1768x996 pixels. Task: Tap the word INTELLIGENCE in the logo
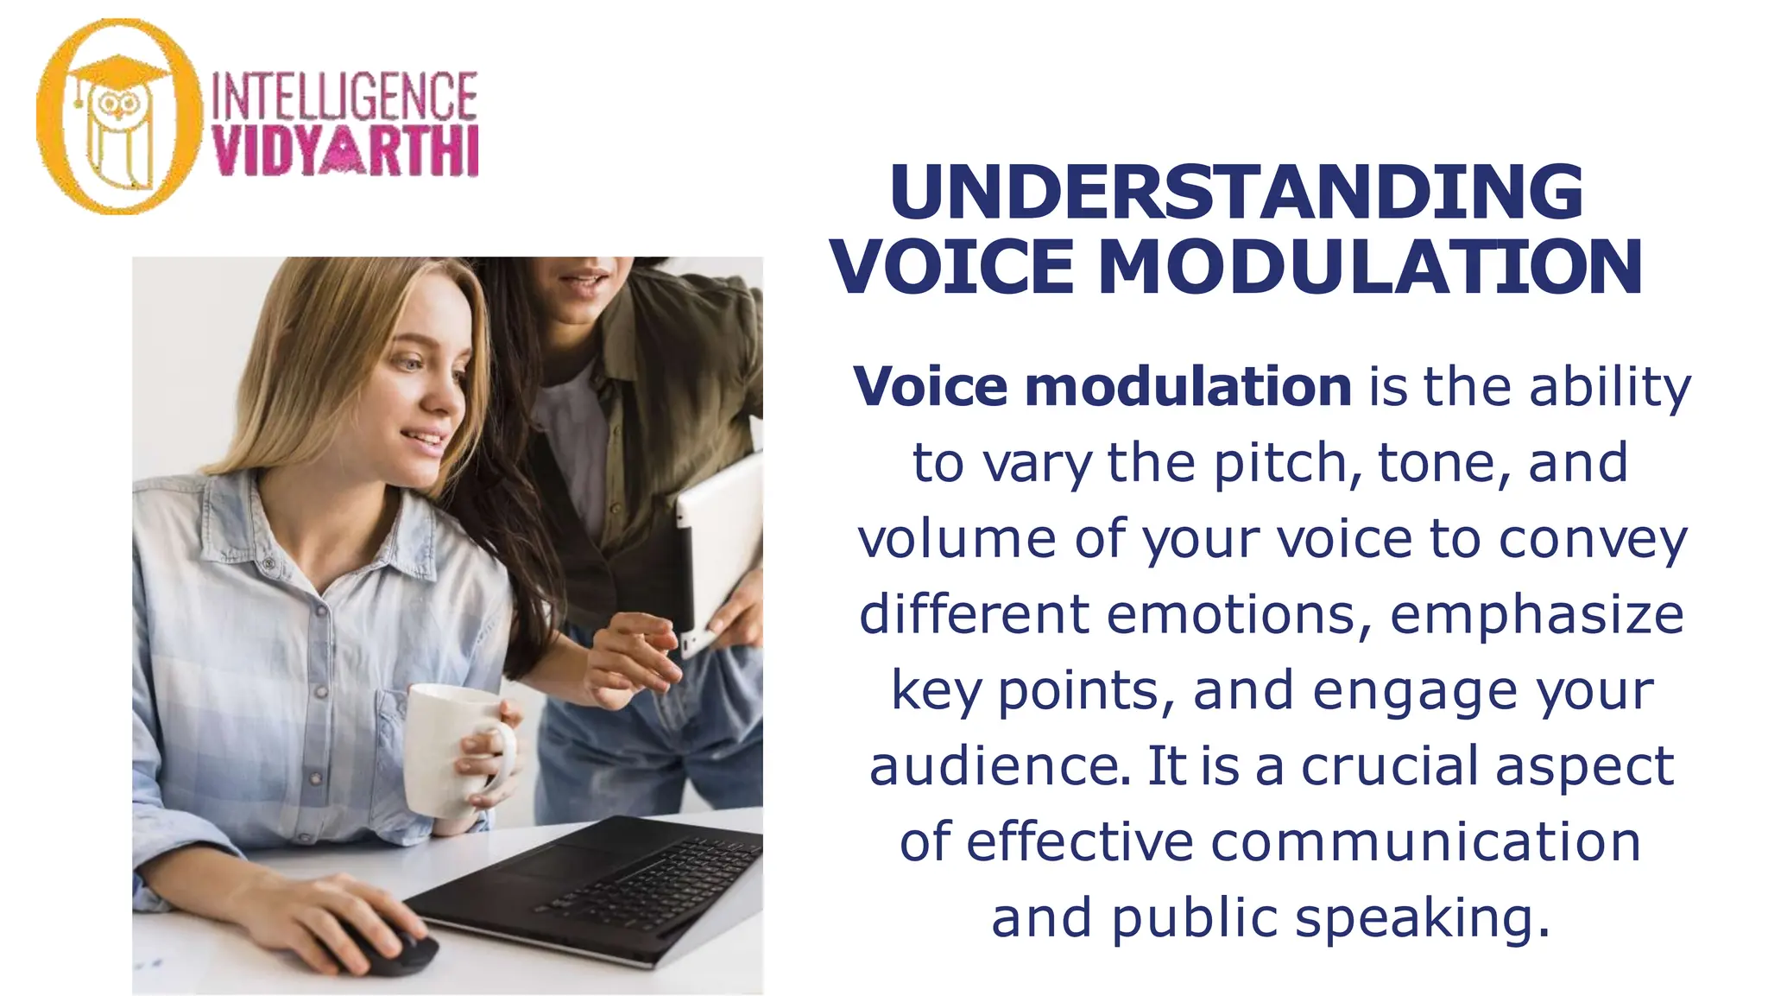tap(344, 96)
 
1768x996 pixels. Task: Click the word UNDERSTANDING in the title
tap(1236, 192)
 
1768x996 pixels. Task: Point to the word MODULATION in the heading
tap(1370, 267)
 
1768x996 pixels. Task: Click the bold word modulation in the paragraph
tap(1188, 386)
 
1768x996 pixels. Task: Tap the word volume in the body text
tap(957, 538)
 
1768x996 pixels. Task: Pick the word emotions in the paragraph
tap(1238, 614)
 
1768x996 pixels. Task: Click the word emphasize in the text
tap(1537, 614)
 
